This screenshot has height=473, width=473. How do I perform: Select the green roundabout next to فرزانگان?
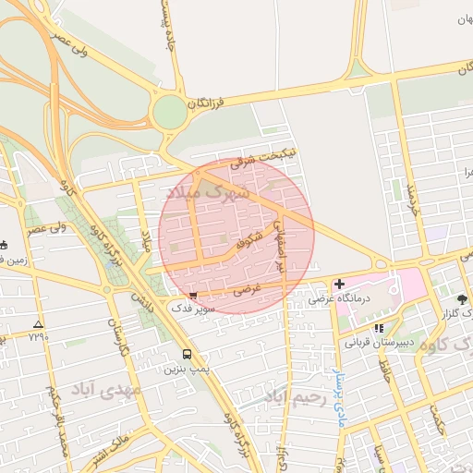(170, 114)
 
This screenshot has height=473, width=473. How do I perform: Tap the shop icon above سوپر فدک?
(192, 296)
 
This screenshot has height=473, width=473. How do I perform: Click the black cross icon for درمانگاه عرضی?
(339, 284)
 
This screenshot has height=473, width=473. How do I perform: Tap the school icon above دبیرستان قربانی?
(379, 328)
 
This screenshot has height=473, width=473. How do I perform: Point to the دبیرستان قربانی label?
(378, 342)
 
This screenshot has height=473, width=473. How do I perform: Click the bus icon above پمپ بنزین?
(188, 354)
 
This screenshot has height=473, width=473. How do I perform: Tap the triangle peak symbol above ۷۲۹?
(38, 325)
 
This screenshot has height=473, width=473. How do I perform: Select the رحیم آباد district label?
(295, 398)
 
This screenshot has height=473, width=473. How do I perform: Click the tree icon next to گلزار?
(461, 299)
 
